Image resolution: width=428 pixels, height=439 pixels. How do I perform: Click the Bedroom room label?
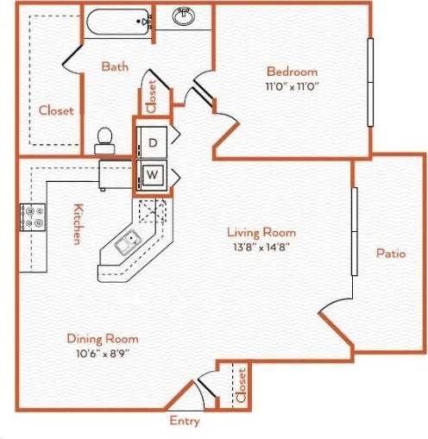tap(291, 72)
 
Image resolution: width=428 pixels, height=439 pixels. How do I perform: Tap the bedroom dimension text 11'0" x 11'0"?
tap(291, 86)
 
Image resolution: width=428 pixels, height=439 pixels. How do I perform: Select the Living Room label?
tap(261, 232)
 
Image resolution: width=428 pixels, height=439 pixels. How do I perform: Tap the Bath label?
tap(115, 66)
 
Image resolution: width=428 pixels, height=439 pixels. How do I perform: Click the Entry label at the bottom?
tap(185, 422)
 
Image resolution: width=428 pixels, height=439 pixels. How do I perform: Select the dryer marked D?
tap(153, 142)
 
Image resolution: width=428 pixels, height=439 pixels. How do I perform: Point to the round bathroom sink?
tap(182, 16)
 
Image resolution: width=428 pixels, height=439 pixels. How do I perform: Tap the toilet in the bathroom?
tap(105, 137)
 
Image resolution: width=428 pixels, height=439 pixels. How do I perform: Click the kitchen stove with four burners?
tap(32, 216)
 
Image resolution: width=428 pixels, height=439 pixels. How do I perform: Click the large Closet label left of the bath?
tap(56, 110)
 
